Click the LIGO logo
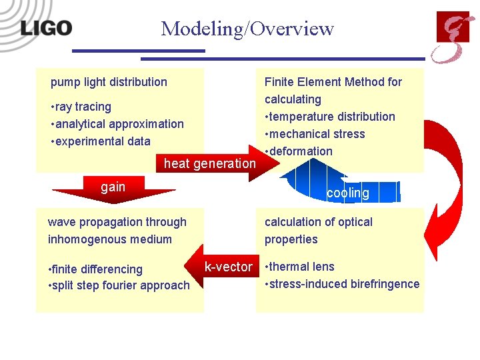(46, 28)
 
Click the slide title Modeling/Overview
(247, 29)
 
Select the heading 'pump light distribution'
(109, 82)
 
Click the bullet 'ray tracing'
(81, 107)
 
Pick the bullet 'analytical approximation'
(117, 124)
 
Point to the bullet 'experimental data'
(100, 141)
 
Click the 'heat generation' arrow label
(210, 163)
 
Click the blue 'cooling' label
(347, 193)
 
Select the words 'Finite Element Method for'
(333, 82)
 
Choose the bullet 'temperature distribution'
(330, 117)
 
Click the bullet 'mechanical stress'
(315, 134)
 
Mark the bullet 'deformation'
(299, 151)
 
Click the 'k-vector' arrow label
(228, 267)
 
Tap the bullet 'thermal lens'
(299, 267)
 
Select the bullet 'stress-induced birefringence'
(342, 284)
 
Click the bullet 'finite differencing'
(95, 269)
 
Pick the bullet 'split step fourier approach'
(119, 285)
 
